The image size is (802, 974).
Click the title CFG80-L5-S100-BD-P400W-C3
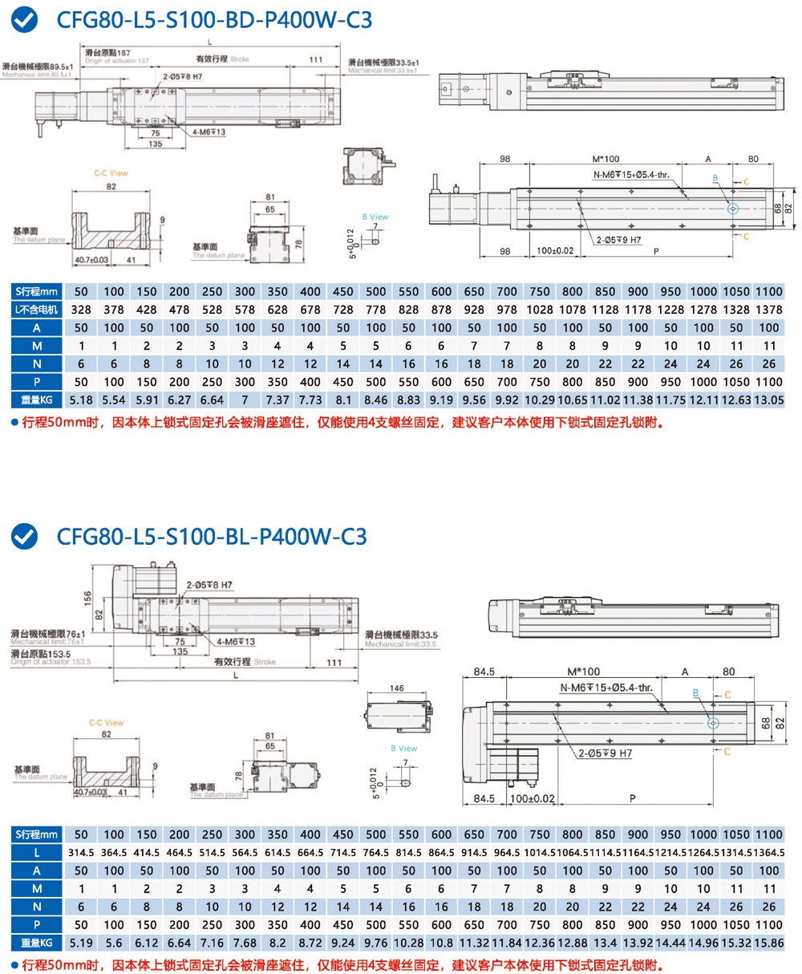[x=214, y=19]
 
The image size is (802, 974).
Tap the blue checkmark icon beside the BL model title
[x=26, y=535]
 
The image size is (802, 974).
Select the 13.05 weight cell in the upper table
[x=768, y=399]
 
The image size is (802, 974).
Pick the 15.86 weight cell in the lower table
[x=768, y=942]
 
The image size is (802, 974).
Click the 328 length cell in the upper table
[x=80, y=310]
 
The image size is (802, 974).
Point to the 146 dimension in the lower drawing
[x=397, y=688]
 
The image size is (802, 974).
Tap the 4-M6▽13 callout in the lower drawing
[x=235, y=642]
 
